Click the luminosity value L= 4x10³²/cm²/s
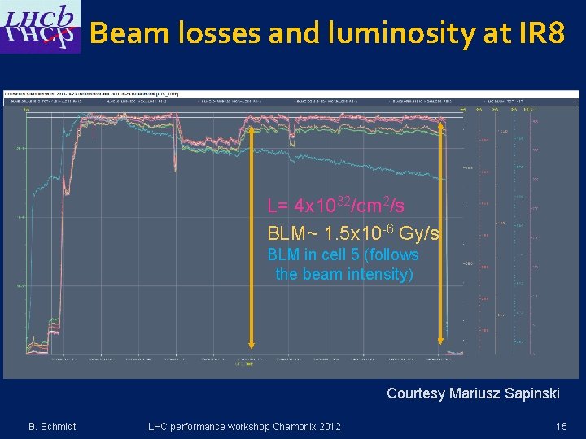(x=335, y=205)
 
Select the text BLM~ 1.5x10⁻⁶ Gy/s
(x=353, y=234)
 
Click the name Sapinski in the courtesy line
(x=530, y=393)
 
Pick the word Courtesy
(x=416, y=393)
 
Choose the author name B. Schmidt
(x=53, y=427)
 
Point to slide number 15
(x=561, y=427)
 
